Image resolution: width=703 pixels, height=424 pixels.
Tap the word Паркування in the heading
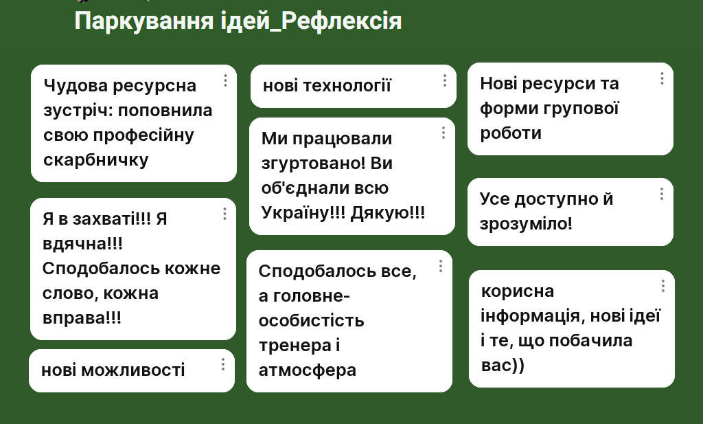click(144, 21)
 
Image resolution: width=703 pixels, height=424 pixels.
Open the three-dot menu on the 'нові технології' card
click(445, 80)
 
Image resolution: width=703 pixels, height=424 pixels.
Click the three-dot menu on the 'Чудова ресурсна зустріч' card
click(225, 80)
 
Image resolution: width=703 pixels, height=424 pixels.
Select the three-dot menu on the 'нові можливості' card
click(223, 364)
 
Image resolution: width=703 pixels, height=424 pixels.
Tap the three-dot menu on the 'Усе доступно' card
click(662, 194)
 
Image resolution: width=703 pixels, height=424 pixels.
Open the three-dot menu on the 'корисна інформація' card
click(663, 287)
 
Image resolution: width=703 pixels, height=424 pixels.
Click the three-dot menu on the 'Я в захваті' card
click(224, 214)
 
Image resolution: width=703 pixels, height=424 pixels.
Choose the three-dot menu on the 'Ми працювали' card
click(443, 133)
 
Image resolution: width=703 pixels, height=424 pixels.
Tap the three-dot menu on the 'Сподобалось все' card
click(441, 266)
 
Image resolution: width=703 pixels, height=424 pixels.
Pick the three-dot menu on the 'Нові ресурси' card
click(662, 78)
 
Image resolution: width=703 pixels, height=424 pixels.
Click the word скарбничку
click(96, 160)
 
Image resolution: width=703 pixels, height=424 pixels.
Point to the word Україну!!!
click(303, 212)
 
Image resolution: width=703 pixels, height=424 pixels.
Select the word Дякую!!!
click(387, 212)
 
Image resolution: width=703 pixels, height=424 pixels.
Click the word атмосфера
click(308, 370)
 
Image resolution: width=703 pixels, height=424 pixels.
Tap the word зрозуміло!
click(526, 223)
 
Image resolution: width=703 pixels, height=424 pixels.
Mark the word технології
click(347, 86)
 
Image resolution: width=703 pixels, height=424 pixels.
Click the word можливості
click(132, 370)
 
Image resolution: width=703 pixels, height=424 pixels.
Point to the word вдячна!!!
click(82, 244)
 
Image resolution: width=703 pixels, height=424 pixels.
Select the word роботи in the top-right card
click(511, 133)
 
